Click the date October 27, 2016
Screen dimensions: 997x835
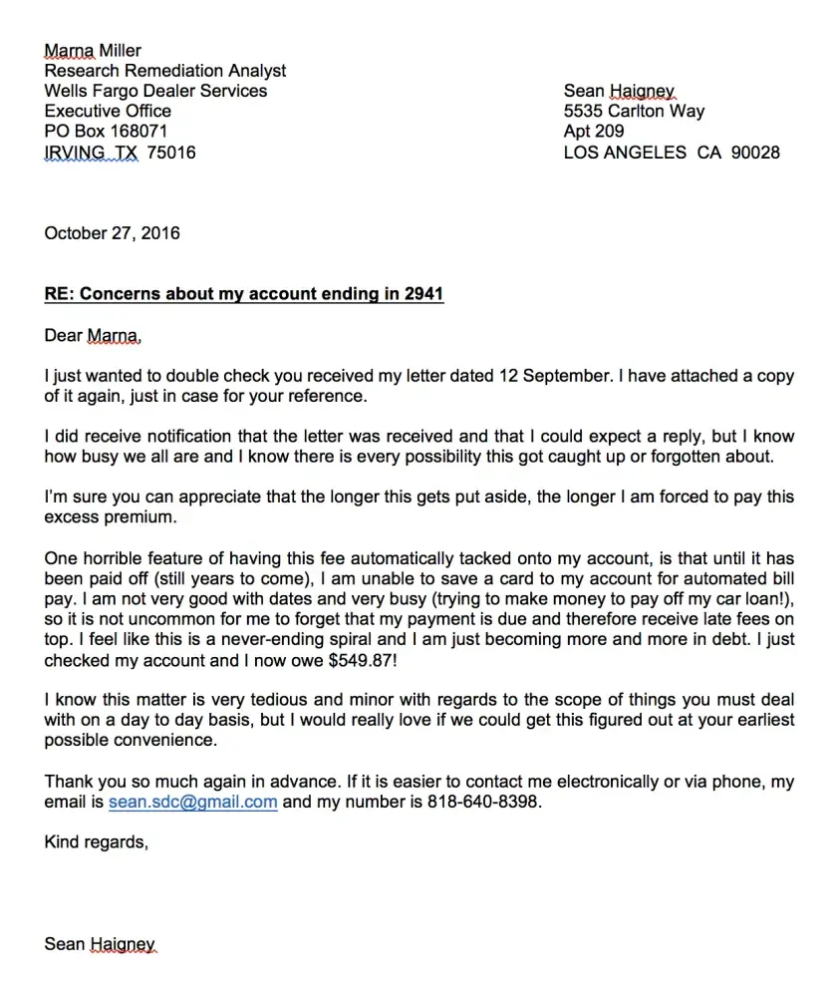click(112, 233)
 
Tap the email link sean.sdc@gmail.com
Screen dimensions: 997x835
click(192, 802)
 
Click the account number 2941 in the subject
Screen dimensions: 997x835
click(423, 294)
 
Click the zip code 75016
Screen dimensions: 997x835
click(171, 153)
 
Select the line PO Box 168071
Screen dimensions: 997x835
click(106, 132)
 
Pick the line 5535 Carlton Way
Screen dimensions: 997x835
click(634, 112)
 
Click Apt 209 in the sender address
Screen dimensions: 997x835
click(594, 132)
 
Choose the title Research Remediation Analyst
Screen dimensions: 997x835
click(164, 71)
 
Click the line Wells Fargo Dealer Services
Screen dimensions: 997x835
click(155, 91)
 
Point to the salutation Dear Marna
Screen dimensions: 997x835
click(93, 336)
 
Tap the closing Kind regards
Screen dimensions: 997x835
click(96, 842)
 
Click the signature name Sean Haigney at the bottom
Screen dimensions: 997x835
click(100, 943)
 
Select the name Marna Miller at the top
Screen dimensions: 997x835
click(93, 50)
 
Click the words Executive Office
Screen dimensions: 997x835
click(108, 112)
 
